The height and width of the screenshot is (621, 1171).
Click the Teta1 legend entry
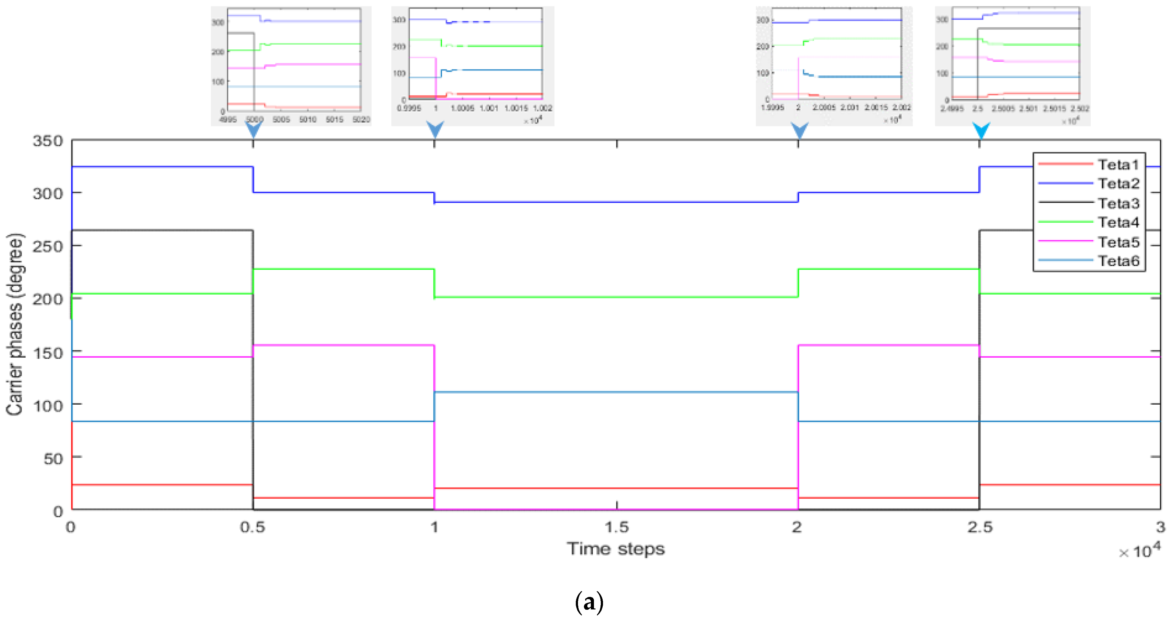pos(1118,164)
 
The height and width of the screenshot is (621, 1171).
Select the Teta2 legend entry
pos(1118,184)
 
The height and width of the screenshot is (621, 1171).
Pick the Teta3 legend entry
pos(1118,203)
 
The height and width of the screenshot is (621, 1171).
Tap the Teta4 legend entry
pos(1118,222)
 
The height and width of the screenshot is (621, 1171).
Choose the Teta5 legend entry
pos(1118,242)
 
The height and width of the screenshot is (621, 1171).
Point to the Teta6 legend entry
pos(1118,261)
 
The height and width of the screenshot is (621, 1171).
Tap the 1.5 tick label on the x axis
pos(616,528)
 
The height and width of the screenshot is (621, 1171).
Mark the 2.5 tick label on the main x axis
pos(980,528)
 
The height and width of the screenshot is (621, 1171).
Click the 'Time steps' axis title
pos(616,549)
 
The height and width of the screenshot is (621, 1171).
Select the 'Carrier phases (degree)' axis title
pos(15,325)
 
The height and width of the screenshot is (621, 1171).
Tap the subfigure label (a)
pos(589,602)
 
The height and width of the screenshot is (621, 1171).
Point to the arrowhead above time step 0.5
pos(254,129)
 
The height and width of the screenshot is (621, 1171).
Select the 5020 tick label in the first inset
pos(361,119)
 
